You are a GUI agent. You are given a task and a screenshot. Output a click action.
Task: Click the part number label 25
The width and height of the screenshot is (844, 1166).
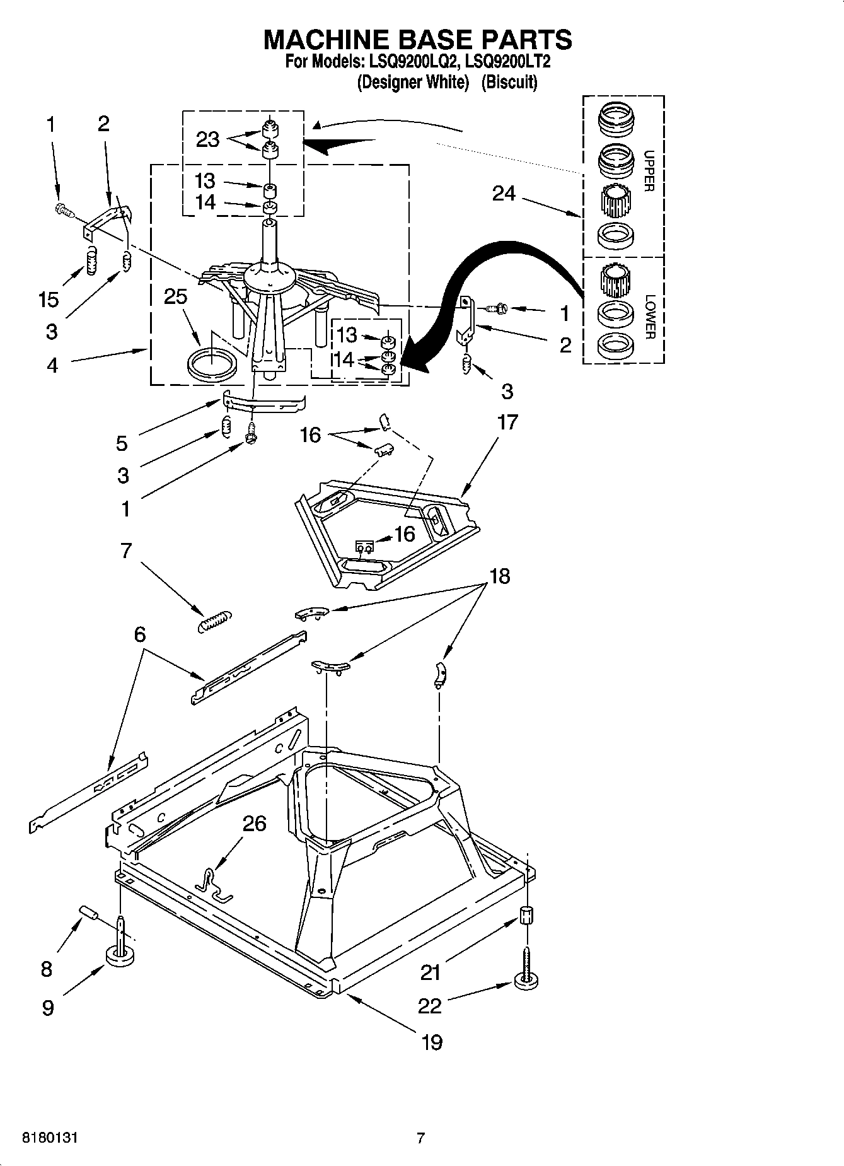point(176,296)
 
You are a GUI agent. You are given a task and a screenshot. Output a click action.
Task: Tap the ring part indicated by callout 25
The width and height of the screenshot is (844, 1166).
point(213,365)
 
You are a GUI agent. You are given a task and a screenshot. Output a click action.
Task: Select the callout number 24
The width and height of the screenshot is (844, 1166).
point(504,194)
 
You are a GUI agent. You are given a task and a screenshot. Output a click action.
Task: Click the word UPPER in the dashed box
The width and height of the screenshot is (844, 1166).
point(649,171)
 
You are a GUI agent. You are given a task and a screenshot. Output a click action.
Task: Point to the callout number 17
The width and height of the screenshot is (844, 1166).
point(508,422)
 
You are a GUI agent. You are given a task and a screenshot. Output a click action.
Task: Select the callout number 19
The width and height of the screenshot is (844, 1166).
point(431,1042)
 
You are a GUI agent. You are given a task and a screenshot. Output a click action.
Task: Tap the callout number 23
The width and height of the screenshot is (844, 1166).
point(207,139)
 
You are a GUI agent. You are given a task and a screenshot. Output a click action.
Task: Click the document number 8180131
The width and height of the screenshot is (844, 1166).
point(50,1138)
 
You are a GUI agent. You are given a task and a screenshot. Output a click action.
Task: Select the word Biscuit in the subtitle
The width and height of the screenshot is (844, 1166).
point(509,82)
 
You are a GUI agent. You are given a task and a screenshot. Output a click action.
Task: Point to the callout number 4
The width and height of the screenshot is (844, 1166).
point(52,364)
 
